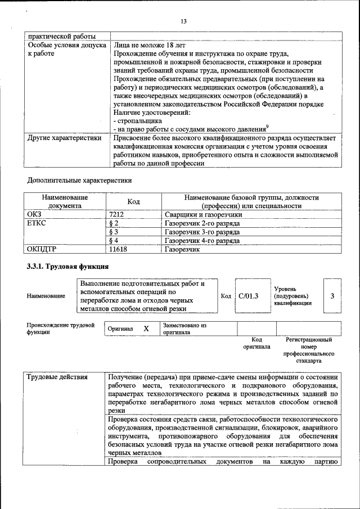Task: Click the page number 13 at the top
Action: pyautogui.click(x=183, y=21)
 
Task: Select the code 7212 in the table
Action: pyautogui.click(x=116, y=214)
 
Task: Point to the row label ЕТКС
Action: pyautogui.click(x=37, y=223)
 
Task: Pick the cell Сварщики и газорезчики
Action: pyautogui.click(x=203, y=214)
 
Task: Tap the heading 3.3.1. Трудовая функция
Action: pyautogui.click(x=67, y=266)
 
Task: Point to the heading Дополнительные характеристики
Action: pyautogui.click(x=79, y=181)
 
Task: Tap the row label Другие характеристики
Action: pyautogui.click(x=64, y=137)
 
